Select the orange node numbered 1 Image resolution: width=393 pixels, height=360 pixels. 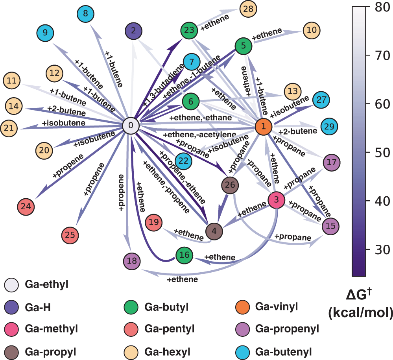[264, 126]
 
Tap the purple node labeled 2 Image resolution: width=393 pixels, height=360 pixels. [134, 30]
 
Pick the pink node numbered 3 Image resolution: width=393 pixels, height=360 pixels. [277, 200]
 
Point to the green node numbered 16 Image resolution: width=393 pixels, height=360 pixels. [184, 255]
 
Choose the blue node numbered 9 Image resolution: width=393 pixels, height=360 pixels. [46, 33]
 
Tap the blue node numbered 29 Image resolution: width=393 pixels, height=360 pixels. [330, 127]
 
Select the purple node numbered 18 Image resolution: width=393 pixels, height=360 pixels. [132, 260]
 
